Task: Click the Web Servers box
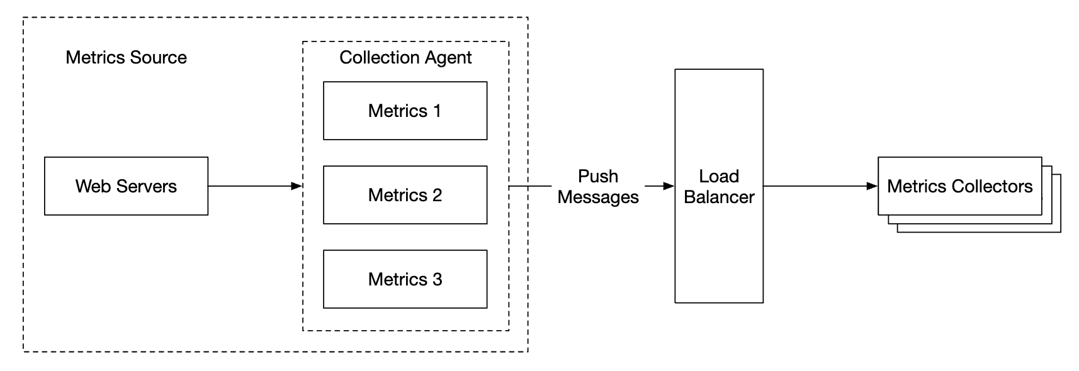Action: coord(126,186)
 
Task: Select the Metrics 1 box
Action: coord(405,111)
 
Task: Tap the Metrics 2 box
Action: coord(405,195)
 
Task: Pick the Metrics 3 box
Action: coord(405,279)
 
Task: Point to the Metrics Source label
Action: coord(126,57)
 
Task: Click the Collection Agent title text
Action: coord(405,57)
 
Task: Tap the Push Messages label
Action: coord(598,187)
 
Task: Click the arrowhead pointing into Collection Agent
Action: coord(297,186)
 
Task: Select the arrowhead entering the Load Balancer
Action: coord(669,186)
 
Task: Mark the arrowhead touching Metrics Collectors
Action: coord(872,186)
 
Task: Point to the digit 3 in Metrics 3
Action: coord(437,279)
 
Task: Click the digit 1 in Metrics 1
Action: coord(437,111)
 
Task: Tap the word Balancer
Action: coord(719,197)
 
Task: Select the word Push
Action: coord(598,176)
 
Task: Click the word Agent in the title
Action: coord(448,57)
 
